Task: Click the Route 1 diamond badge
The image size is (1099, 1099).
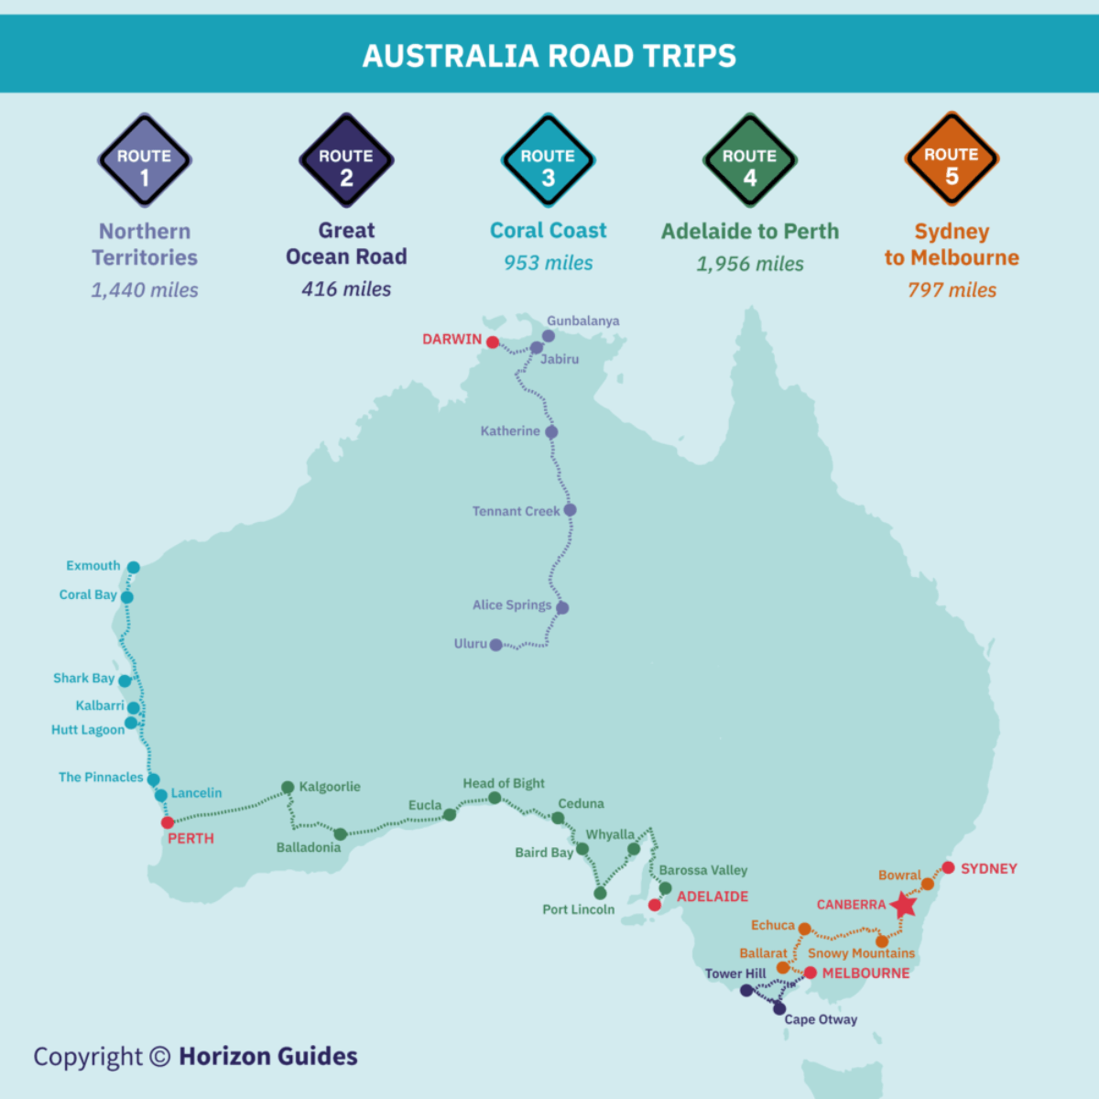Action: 145,161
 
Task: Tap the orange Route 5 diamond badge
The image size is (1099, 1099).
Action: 952,160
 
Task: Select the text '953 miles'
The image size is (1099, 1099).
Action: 548,263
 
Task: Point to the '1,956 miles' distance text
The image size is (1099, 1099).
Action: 749,264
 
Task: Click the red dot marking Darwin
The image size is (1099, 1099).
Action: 493,342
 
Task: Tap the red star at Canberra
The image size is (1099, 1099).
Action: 904,905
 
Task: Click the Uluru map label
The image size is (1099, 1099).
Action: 471,644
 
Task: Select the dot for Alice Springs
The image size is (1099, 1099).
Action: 562,607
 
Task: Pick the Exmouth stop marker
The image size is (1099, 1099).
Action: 133,568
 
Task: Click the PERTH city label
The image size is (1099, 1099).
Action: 190,838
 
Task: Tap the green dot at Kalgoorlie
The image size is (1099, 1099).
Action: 288,787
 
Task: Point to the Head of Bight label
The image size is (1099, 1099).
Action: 503,783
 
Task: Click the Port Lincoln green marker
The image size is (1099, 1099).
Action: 600,893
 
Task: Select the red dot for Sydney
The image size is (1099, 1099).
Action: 948,867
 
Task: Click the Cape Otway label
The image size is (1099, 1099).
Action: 821,1019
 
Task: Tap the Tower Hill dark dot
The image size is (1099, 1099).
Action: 746,990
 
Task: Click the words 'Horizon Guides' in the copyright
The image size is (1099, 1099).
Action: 267,1056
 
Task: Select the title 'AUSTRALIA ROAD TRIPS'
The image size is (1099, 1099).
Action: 549,56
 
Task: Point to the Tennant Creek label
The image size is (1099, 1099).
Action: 516,511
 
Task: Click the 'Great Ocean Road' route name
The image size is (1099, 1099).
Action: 346,244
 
